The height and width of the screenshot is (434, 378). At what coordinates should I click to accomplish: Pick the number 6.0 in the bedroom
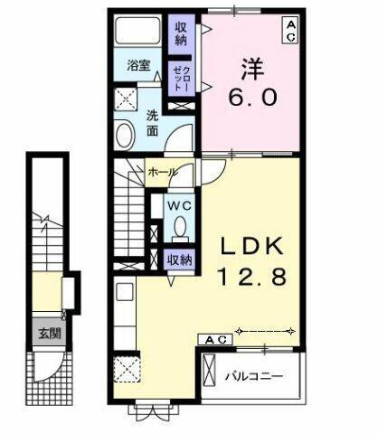[251, 96]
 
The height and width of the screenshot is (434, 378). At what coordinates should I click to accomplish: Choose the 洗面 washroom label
[154, 124]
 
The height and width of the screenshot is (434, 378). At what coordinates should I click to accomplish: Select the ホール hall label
[162, 170]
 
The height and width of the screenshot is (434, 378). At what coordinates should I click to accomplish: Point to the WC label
[178, 205]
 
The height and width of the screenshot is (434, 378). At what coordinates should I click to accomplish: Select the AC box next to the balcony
[215, 339]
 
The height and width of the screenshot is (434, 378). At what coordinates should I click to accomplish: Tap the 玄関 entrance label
[43, 332]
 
